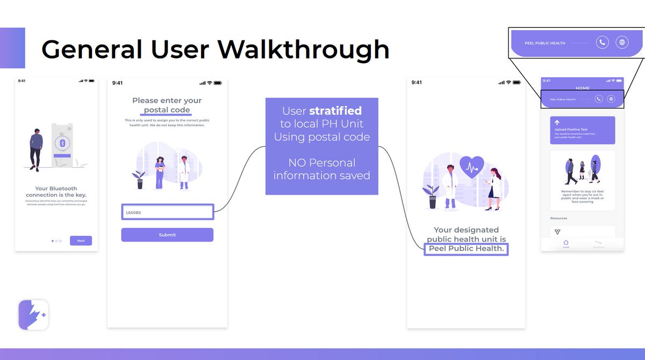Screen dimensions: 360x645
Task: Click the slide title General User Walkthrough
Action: pyautogui.click(x=215, y=49)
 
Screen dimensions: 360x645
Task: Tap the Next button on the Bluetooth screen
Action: pyautogui.click(x=81, y=241)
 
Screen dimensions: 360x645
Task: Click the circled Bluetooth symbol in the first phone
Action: pyautogui.click(x=62, y=143)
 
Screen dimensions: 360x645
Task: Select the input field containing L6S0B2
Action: pyautogui.click(x=167, y=212)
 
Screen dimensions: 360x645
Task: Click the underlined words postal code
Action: pyautogui.click(x=167, y=110)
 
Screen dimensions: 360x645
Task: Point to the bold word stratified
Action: pyautogui.click(x=335, y=111)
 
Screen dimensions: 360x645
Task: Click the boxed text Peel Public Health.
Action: pyautogui.click(x=466, y=249)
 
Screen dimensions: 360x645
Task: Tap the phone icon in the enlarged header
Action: pyautogui.click(x=602, y=42)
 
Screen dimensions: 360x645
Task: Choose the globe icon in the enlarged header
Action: pyautogui.click(x=622, y=42)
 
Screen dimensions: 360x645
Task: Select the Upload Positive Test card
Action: pyautogui.click(x=582, y=130)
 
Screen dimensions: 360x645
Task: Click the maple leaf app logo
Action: pyautogui.click(x=33, y=315)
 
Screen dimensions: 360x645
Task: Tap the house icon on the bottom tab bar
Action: pyautogui.click(x=565, y=243)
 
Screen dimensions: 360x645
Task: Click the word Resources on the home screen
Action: pyautogui.click(x=558, y=218)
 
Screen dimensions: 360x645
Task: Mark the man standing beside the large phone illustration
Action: pyautogui.click(x=36, y=149)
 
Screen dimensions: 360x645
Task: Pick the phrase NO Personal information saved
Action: pyautogui.click(x=321, y=169)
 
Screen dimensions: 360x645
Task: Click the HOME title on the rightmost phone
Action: pyautogui.click(x=582, y=88)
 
